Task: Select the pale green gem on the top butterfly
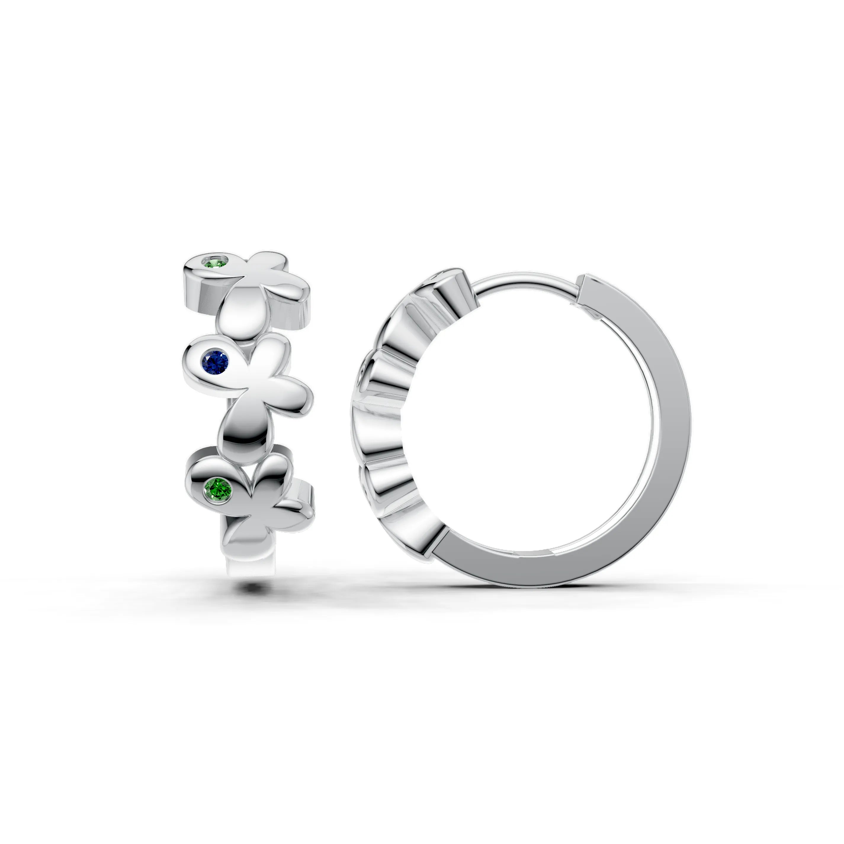pos(219,263)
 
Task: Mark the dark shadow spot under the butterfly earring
pos(251,588)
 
